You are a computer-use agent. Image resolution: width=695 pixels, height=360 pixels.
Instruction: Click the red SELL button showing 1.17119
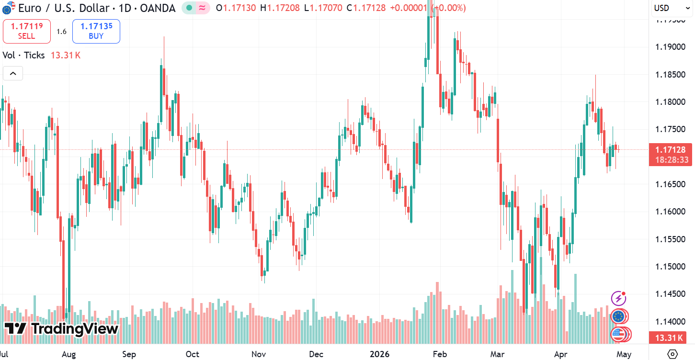coord(27,31)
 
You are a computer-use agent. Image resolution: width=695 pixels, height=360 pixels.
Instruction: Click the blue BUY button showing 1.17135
coord(96,31)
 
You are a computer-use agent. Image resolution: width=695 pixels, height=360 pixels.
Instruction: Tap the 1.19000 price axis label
coord(670,47)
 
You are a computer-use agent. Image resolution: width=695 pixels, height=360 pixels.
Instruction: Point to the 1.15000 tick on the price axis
coord(670,267)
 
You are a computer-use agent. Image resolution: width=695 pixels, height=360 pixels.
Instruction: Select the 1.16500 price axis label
coord(670,184)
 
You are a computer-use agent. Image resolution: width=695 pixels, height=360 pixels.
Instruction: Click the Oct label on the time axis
coord(193,354)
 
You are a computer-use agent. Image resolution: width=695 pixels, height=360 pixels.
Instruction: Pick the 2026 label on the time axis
coord(379,354)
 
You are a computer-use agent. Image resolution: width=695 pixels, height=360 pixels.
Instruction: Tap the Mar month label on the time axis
coord(497,354)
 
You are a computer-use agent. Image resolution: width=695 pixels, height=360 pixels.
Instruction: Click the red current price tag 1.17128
coord(671,155)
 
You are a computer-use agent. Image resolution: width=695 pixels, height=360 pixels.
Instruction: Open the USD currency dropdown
coord(672,8)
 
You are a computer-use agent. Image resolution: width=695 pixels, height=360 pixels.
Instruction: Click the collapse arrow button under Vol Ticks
coord(13,74)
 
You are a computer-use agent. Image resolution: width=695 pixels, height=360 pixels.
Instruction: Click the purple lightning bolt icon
coord(619,298)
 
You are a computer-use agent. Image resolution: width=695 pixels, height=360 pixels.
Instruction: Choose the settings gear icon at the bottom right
coord(672,354)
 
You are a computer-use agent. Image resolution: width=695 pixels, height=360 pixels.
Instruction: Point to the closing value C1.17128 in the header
coord(366,8)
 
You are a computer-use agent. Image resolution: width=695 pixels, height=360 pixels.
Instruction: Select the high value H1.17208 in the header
coord(280,8)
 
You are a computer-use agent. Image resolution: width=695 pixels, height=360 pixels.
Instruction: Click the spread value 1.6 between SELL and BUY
coord(61,31)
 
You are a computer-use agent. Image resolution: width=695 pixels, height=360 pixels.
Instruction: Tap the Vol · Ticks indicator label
coord(23,55)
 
